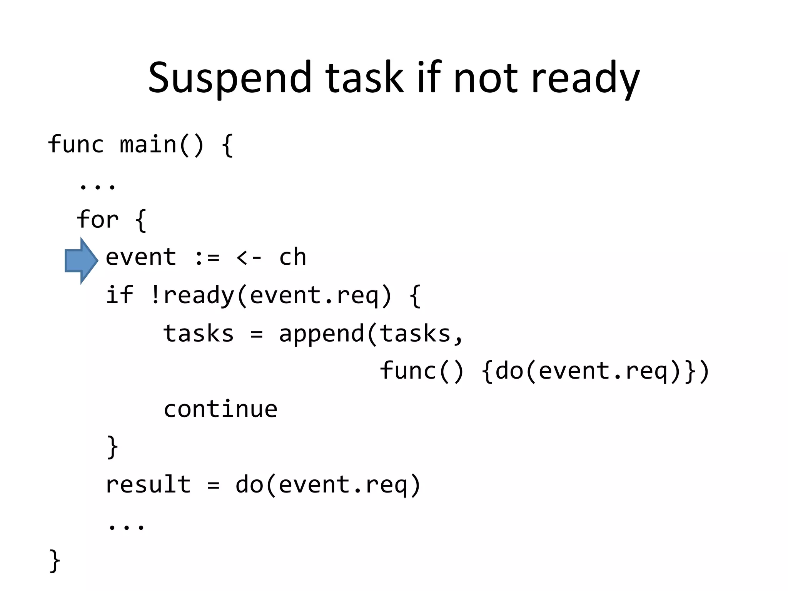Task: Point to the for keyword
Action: click(x=98, y=220)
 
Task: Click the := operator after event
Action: click(x=207, y=257)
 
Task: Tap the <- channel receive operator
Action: click(x=249, y=257)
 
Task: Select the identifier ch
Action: click(x=292, y=257)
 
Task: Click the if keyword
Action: click(x=119, y=295)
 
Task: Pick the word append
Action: click(x=321, y=334)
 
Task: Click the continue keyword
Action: click(x=220, y=409)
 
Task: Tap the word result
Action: click(x=148, y=484)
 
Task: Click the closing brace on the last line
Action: click(x=55, y=561)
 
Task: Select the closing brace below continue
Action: click(x=112, y=447)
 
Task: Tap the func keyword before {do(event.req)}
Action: click(x=408, y=371)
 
